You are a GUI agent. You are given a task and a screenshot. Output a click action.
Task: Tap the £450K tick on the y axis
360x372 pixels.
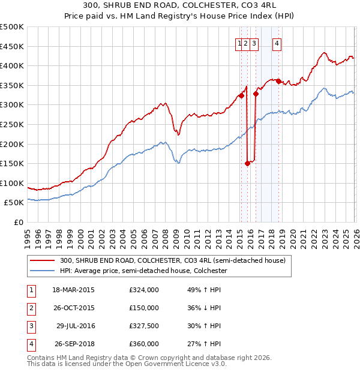tap(12, 46)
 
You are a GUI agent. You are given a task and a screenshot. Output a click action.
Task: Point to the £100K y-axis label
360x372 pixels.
tap(12, 183)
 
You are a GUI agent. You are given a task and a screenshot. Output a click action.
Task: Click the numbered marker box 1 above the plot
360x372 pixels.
tap(240, 43)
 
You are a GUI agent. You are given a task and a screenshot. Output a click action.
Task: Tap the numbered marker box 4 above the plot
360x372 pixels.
tap(277, 43)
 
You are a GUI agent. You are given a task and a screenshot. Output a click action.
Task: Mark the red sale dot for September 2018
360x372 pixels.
tap(278, 82)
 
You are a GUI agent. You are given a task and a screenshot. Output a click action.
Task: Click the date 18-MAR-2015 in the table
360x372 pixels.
tap(74, 290)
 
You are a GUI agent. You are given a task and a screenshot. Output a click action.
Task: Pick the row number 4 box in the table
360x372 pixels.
tap(31, 344)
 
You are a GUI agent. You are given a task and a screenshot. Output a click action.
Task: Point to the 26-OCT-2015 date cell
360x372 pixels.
tap(74, 308)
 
